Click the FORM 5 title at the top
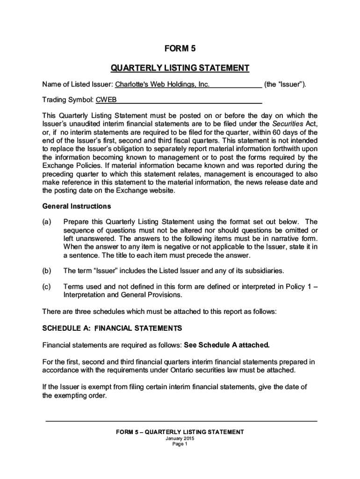coord(180,49)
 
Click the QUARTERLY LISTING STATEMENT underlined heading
coord(180,68)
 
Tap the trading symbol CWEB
coord(107,100)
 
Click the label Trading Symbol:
coord(68,100)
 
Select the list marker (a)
coord(47,222)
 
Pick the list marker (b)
coord(47,271)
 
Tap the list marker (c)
coord(47,287)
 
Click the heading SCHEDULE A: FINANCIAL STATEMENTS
coord(112,328)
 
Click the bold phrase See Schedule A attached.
coord(227,345)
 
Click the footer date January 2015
coord(180,439)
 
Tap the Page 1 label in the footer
coord(180,445)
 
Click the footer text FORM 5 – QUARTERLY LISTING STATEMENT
coord(180,432)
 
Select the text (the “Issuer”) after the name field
coord(285,85)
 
